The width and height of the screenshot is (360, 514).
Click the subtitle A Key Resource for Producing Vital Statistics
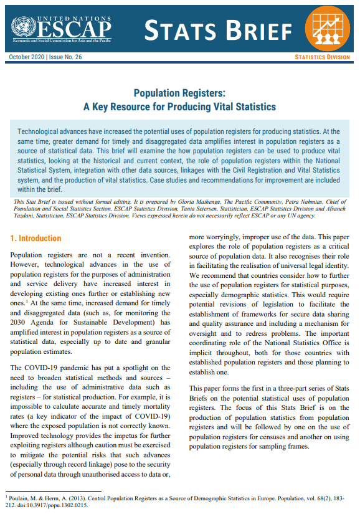(179, 107)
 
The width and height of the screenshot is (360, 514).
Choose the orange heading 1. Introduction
(36, 239)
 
